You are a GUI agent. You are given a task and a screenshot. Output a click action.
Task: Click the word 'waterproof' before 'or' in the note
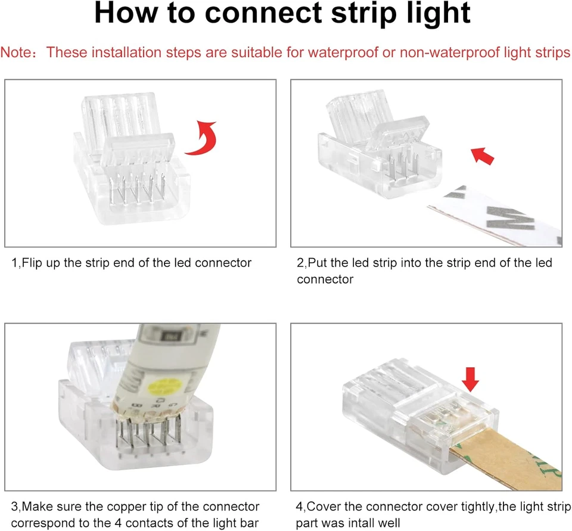(x=343, y=52)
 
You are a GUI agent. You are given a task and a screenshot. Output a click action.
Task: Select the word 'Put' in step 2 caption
(x=318, y=263)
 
